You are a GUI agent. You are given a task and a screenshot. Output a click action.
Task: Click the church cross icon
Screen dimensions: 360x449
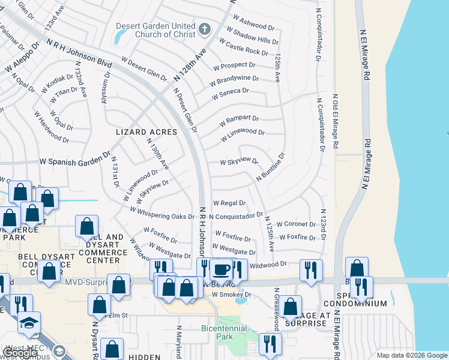coord(205,29)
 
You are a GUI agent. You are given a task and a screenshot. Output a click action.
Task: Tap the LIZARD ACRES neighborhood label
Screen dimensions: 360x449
coord(147,132)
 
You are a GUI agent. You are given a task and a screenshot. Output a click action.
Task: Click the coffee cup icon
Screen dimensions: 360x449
coord(221,270)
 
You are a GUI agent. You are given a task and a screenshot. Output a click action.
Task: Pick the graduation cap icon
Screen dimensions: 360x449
coord(29,323)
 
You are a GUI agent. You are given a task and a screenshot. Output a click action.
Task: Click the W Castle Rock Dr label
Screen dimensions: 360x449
coord(243,48)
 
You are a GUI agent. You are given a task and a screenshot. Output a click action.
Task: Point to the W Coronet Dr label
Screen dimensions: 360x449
coord(295,224)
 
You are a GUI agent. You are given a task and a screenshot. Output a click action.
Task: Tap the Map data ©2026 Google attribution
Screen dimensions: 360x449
coord(411,355)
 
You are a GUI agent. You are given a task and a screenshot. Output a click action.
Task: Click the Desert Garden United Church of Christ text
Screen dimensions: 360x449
coord(155,31)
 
